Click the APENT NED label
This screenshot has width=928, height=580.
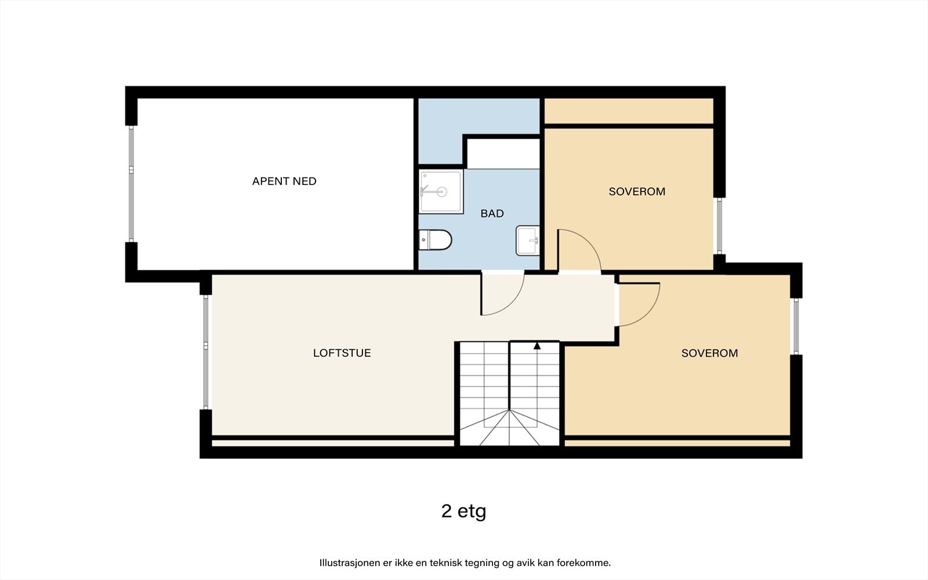284,181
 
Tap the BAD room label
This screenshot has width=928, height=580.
492,213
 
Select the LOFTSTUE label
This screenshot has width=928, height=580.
342,353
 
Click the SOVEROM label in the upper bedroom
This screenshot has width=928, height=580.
637,191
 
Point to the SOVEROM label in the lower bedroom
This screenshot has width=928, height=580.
709,353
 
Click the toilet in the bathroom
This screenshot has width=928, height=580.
436,240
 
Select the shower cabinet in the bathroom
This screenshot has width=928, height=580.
441,191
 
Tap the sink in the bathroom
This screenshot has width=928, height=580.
528,240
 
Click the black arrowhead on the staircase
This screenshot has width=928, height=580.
537,346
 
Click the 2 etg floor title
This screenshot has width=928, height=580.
463,511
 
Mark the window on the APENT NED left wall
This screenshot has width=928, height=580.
131,184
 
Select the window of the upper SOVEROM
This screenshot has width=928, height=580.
719,226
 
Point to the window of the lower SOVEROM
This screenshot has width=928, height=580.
796,326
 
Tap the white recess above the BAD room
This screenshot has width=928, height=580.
503,154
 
